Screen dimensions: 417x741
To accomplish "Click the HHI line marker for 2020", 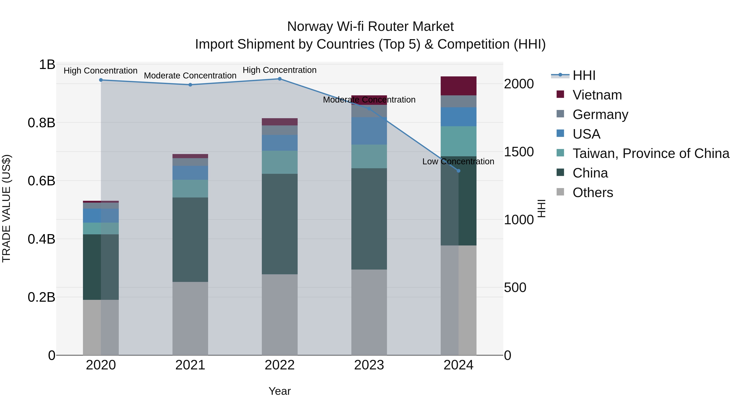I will (101, 80).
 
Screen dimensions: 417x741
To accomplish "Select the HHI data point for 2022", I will (280, 79).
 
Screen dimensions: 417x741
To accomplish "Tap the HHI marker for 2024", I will (459, 171).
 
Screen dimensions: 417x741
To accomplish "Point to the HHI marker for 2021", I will (190, 85).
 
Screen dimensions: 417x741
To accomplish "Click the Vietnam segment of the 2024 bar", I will (459, 86).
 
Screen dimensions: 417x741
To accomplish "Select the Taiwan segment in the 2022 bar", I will (280, 162).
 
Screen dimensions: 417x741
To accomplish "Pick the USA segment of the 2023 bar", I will (369, 131).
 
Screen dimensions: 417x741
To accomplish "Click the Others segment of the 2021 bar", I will (190, 318).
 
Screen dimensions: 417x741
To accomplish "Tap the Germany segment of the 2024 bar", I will (459, 101).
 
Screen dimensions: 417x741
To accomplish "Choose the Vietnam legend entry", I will (597, 95).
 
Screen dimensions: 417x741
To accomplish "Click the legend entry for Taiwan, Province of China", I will (651, 153).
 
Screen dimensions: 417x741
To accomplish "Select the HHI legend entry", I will (584, 75).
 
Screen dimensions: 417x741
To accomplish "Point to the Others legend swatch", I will (560, 192).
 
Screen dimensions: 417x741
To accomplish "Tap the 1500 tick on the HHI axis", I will (519, 152).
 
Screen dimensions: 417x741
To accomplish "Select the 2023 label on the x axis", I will (369, 365).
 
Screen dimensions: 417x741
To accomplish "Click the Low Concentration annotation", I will (458, 161).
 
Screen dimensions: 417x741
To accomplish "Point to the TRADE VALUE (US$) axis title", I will (6, 208).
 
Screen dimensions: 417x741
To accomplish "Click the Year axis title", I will (280, 391).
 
